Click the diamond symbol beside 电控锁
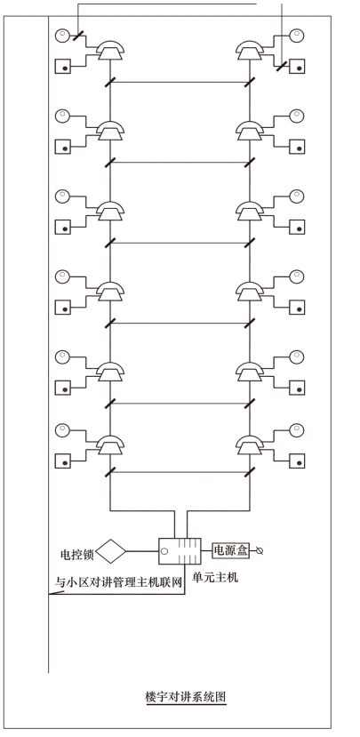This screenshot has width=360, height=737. (111, 551)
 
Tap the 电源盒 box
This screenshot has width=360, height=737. (231, 550)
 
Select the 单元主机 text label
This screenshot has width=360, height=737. (215, 577)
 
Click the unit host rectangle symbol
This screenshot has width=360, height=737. (180, 551)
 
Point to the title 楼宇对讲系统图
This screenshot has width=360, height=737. (186, 697)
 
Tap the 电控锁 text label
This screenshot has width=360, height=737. (77, 555)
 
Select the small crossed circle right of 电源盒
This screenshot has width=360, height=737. (258, 550)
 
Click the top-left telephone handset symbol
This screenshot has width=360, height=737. (110, 50)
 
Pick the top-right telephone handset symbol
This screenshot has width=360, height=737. (250, 50)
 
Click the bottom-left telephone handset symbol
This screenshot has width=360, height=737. (110, 445)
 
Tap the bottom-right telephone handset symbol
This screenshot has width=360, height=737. (250, 445)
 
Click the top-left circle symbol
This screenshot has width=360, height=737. (62, 36)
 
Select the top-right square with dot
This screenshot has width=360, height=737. (297, 67)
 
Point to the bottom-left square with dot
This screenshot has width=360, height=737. (62, 461)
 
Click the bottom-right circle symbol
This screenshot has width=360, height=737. (297, 430)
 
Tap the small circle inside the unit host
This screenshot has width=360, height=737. (165, 551)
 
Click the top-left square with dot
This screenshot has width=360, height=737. (62, 67)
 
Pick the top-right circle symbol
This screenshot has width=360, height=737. (297, 36)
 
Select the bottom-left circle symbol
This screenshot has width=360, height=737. (62, 430)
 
